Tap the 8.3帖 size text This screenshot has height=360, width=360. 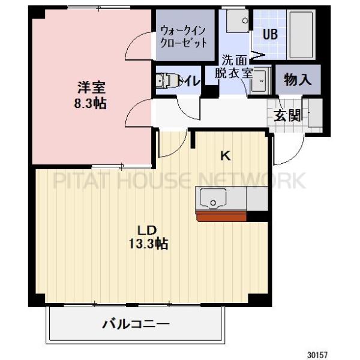point(90,103)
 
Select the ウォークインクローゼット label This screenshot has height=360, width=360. point(184,36)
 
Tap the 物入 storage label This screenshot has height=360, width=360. point(298,79)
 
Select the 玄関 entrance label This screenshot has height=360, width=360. point(287,115)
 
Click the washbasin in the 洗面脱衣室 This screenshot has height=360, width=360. point(260,83)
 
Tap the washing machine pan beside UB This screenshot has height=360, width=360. point(238,21)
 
